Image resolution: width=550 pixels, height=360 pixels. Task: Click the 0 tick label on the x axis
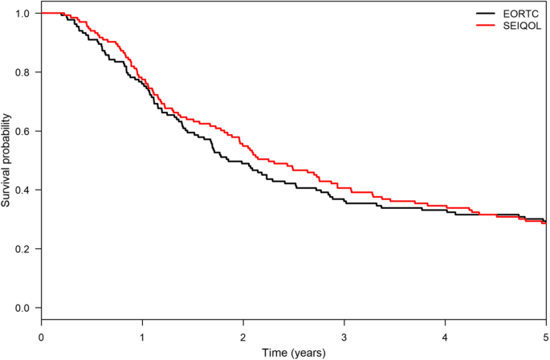(x=41, y=336)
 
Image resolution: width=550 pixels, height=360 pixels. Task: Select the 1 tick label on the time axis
(x=142, y=336)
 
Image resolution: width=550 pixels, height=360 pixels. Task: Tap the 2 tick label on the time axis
(x=243, y=336)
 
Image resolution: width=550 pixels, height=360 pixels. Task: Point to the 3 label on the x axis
(x=344, y=336)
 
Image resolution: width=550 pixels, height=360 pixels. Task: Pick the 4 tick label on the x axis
(x=446, y=336)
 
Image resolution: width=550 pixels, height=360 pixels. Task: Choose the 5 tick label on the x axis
(x=546, y=336)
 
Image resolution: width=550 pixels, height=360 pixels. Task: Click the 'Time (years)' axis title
(x=294, y=352)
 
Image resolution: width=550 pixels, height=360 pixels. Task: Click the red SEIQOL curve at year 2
(x=243, y=145)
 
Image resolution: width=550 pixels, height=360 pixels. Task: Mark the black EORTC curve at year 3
(x=344, y=202)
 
